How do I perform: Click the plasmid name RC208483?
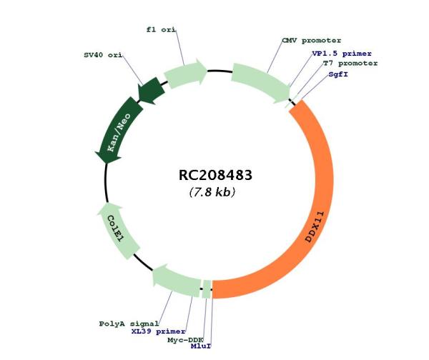215,175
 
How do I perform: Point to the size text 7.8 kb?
212,192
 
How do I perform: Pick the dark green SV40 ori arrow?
152,90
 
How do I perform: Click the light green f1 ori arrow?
184,74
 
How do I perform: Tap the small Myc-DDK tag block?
207,289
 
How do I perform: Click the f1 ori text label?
161,29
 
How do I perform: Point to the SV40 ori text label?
103,55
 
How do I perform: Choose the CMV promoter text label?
312,41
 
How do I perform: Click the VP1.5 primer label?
342,54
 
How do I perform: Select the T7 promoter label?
350,64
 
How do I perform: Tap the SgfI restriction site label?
338,74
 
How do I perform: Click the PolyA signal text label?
129,324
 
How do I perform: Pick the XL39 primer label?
159,331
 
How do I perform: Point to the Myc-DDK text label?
185,340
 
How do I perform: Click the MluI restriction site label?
201,346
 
